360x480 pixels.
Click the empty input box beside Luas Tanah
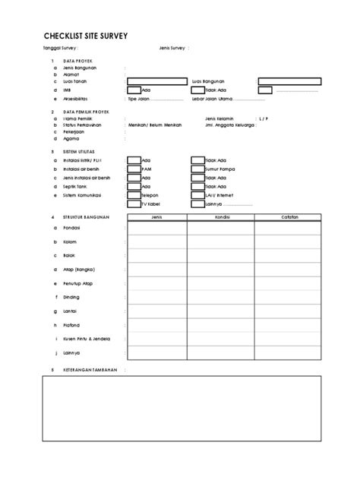pyautogui.click(x=156, y=81)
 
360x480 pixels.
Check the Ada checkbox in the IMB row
pyautogui.click(x=134, y=90)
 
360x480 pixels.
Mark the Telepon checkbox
pyautogui.click(x=134, y=194)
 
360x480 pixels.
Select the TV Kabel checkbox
pyautogui.click(x=134, y=204)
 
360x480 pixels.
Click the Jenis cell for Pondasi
pyautogui.click(x=157, y=227)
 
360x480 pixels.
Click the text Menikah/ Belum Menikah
pyautogui.click(x=156, y=125)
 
